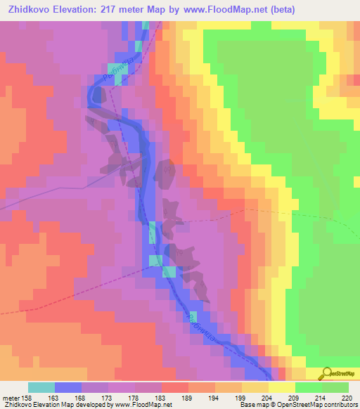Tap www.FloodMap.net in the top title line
coord(224,9)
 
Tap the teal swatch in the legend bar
coord(41,387)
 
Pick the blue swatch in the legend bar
coord(68,387)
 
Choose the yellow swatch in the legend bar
coord(282,387)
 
